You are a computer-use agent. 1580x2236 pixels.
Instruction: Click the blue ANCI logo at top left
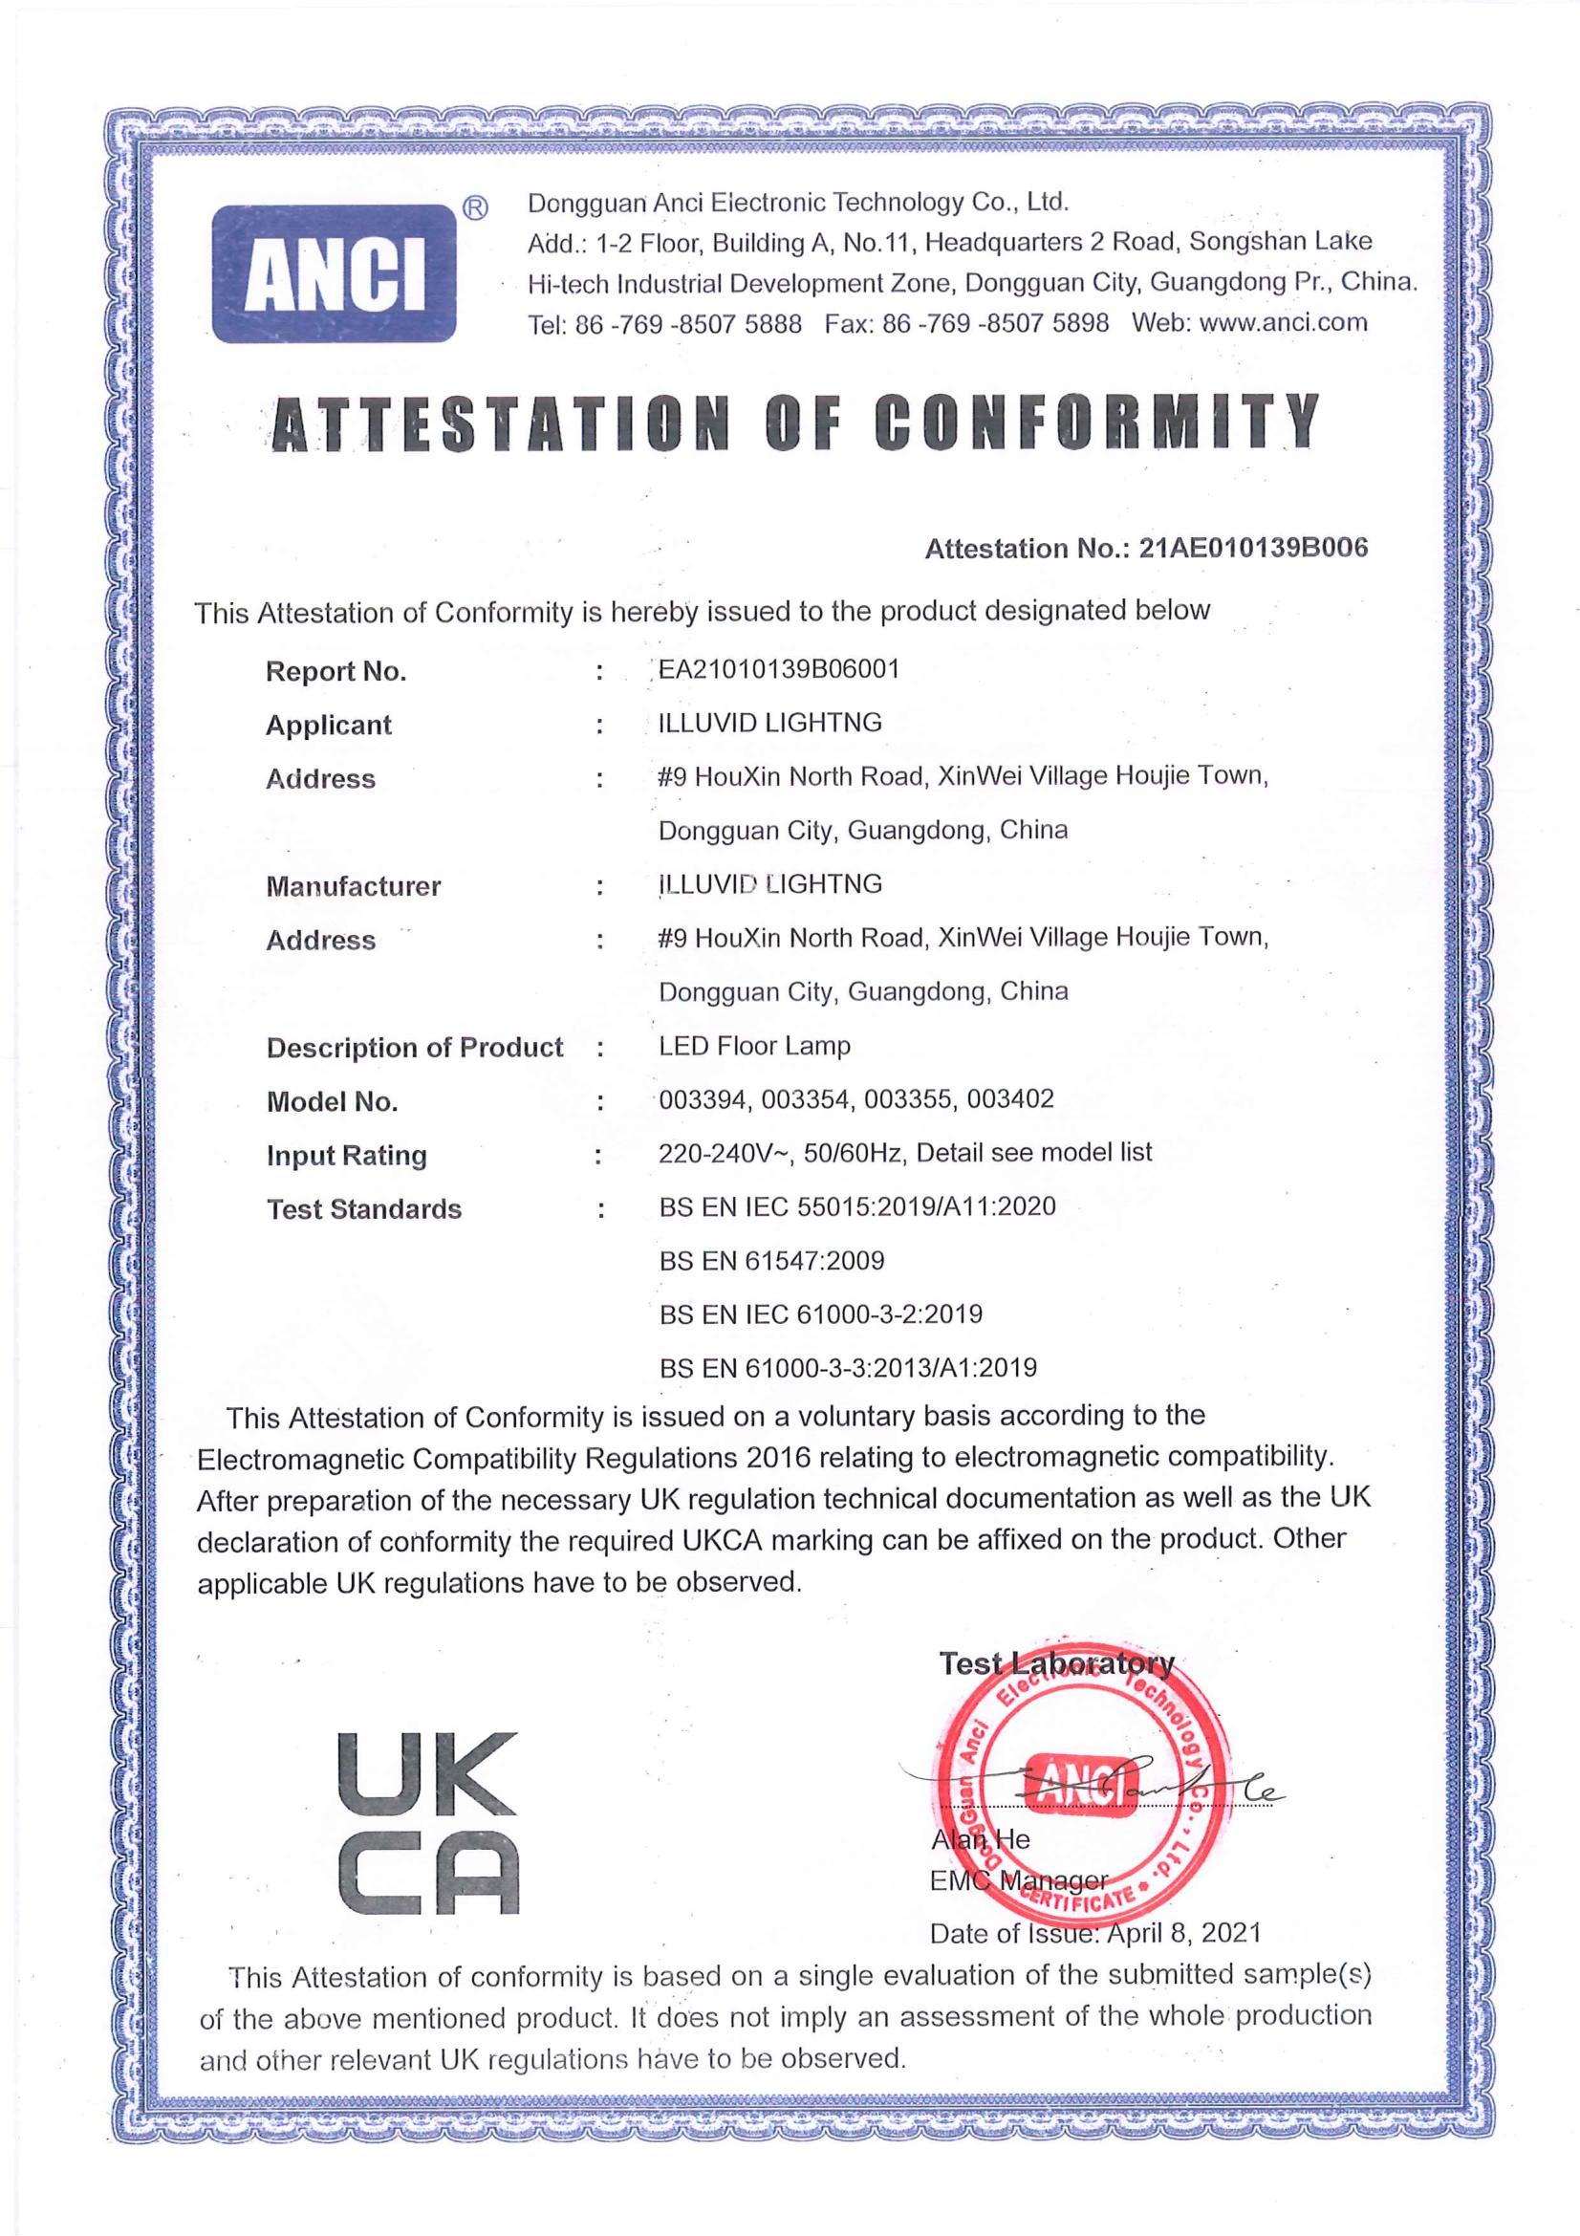tap(334, 273)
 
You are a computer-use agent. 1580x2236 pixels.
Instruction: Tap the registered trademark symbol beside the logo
tap(474, 208)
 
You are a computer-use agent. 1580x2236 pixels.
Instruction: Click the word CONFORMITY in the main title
tap(1097, 424)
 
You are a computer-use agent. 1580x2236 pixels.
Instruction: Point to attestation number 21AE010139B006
tap(1253, 548)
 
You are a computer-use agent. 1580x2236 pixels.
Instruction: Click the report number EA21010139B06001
tap(779, 669)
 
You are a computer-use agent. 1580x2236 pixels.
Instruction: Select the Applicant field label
tap(328, 725)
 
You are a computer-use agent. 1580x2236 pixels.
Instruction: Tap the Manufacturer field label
tap(353, 886)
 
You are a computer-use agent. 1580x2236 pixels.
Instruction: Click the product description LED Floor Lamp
tap(754, 1046)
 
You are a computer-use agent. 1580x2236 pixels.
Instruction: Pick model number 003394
tap(703, 1099)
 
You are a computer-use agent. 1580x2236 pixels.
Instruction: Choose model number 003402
tap(1010, 1099)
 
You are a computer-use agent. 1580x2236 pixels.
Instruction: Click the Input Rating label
tap(347, 1155)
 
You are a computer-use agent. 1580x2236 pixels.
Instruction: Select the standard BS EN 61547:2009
tap(771, 1261)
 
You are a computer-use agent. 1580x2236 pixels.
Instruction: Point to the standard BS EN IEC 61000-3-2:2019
tap(821, 1314)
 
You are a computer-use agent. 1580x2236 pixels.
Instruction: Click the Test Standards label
tap(364, 1209)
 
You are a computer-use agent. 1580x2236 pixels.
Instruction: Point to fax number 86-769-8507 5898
tap(995, 323)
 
